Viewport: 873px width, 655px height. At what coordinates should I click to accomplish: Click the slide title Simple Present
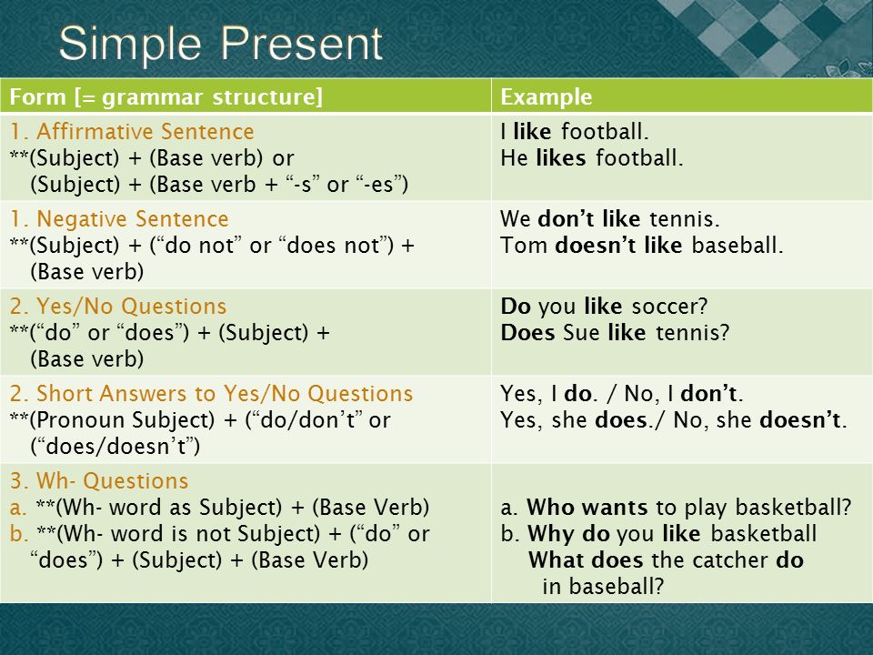tap(220, 45)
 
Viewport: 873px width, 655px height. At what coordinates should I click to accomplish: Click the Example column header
tap(547, 97)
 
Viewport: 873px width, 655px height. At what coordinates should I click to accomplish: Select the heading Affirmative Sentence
tap(145, 131)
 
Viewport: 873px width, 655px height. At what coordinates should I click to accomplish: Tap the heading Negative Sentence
tap(133, 219)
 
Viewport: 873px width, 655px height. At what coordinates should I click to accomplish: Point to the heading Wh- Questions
tap(113, 480)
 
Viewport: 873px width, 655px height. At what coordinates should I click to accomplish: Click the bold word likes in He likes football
tap(561, 157)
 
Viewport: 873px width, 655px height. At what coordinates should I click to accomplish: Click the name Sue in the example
tap(581, 333)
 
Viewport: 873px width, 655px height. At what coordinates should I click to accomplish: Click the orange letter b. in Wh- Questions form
tap(19, 533)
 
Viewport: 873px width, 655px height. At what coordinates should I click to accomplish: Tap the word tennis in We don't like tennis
tap(685, 219)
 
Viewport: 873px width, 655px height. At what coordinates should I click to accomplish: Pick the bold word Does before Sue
tap(527, 333)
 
